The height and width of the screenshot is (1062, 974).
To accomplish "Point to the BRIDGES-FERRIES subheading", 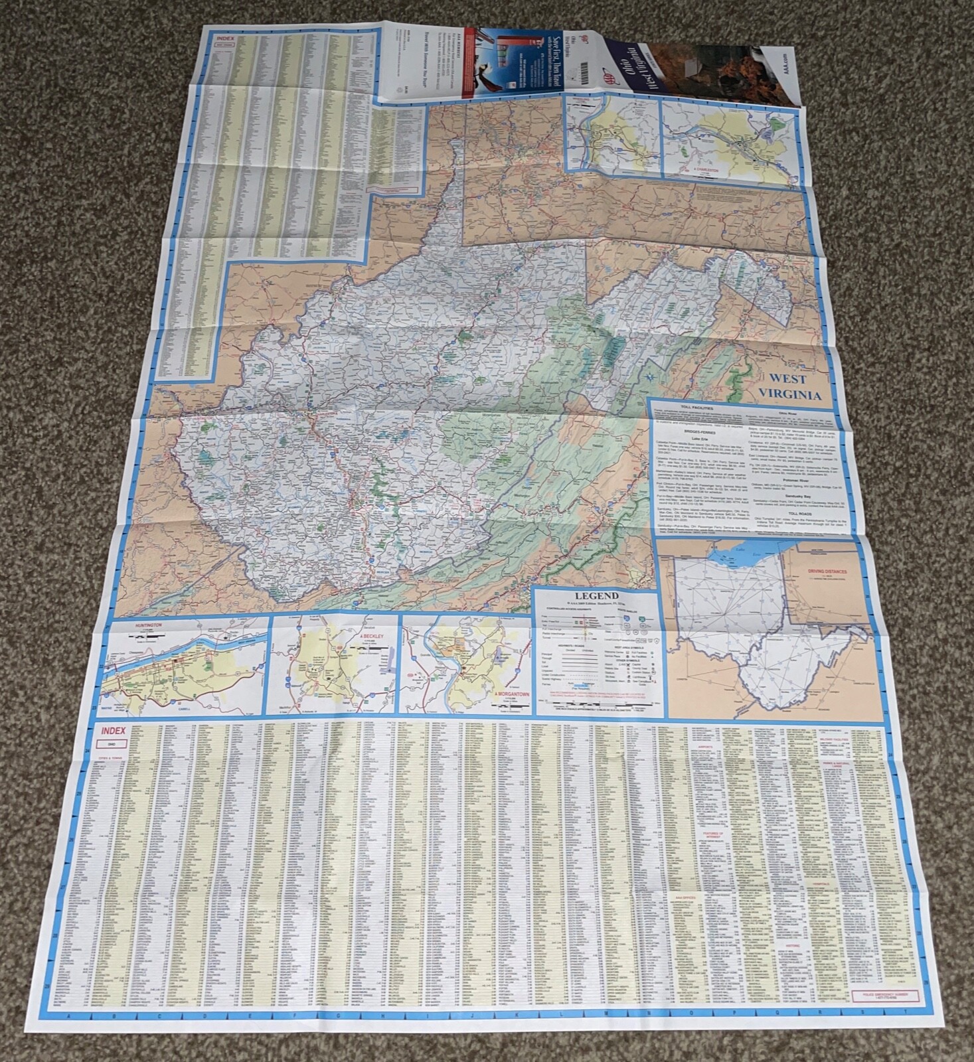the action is coord(691,431).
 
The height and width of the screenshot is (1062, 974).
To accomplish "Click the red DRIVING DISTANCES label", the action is coord(827,571).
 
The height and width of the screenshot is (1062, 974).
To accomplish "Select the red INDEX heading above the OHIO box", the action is coord(114,731).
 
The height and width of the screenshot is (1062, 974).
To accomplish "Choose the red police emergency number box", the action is coord(887,996).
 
